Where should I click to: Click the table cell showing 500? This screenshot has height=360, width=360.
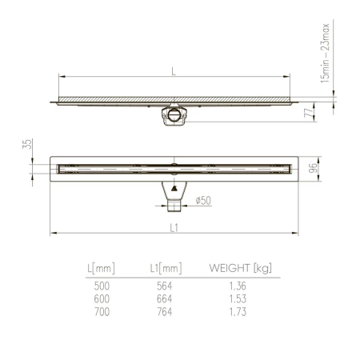point(102,285)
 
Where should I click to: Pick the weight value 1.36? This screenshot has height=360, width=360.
point(236,285)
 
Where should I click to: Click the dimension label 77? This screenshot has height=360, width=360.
point(307,114)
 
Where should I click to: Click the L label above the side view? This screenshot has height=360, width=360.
point(174,70)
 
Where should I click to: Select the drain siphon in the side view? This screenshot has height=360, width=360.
point(174,112)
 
